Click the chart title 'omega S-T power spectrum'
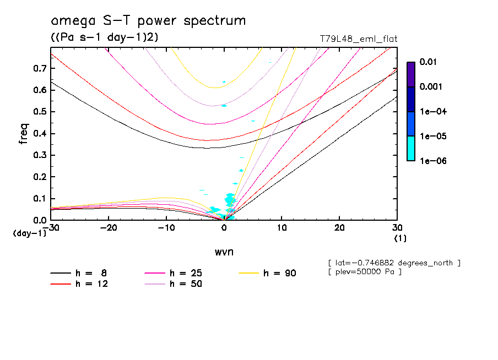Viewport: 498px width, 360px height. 148,21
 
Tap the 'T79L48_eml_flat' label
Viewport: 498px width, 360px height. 359,39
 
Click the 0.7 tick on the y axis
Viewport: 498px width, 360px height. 40,68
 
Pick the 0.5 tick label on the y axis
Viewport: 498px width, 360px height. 40,112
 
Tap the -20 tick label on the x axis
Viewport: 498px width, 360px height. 109,228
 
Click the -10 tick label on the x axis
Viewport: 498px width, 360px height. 166,228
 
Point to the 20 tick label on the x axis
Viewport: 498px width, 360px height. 339,228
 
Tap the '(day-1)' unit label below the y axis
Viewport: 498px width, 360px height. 30,233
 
